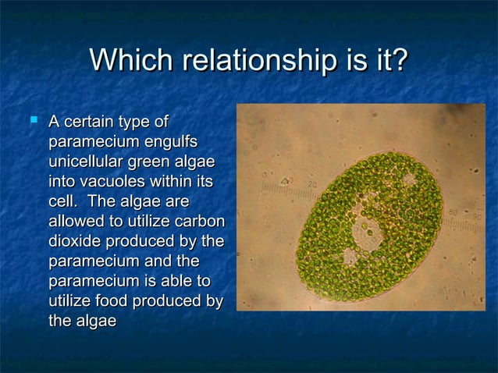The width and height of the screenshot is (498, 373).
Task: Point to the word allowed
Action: [76, 223]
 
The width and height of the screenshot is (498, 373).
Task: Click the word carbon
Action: [201, 223]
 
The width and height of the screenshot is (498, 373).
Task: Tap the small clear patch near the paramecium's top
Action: [408, 180]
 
